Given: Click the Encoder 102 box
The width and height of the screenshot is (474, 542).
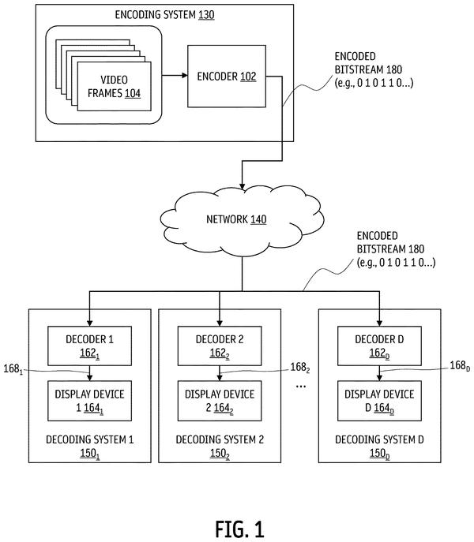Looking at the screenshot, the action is (x=227, y=76).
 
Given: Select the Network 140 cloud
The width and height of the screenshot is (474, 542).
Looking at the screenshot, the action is (x=242, y=221).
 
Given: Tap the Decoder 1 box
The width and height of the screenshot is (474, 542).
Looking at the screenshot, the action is (x=90, y=346).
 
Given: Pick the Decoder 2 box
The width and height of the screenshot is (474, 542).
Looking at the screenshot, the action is (x=220, y=346).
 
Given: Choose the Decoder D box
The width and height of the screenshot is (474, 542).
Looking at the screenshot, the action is (x=379, y=346).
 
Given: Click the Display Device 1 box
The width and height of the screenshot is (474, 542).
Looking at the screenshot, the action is (x=90, y=401).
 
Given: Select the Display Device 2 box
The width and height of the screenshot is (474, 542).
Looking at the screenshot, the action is (x=220, y=401).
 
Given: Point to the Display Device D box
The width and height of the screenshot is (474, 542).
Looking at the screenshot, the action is (x=379, y=401).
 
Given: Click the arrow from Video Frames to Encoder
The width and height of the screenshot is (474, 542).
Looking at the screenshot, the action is (x=175, y=76).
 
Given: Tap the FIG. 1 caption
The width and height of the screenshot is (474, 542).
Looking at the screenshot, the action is (x=239, y=529).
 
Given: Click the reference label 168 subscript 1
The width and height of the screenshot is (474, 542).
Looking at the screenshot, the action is (x=13, y=369).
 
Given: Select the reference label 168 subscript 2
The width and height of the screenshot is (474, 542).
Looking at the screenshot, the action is (x=300, y=367).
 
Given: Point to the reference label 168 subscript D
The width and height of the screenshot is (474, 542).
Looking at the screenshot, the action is (x=460, y=366).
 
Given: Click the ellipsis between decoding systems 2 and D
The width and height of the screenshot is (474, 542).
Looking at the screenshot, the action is (x=300, y=386).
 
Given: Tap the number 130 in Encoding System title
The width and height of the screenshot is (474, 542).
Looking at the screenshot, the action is (x=206, y=15).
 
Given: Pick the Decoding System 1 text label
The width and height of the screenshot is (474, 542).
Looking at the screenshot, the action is (x=90, y=439).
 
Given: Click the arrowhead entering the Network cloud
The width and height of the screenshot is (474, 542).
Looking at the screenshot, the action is (x=242, y=186).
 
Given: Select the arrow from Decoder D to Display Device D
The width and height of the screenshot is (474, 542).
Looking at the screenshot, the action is (x=379, y=373).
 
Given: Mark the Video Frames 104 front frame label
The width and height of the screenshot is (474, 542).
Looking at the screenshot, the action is (x=115, y=87).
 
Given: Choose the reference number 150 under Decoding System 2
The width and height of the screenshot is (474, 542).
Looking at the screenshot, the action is (x=220, y=454).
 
